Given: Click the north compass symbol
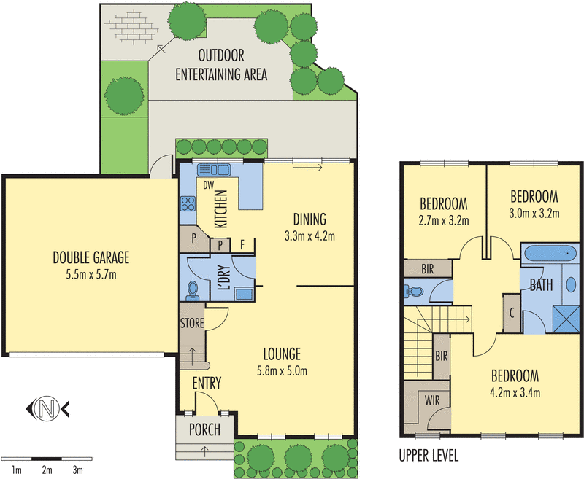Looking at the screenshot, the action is pyautogui.click(x=47, y=409).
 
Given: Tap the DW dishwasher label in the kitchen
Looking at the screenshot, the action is pyautogui.click(x=209, y=185).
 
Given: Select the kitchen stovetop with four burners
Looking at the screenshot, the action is pyautogui.click(x=188, y=204).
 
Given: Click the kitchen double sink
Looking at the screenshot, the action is pyautogui.click(x=214, y=170).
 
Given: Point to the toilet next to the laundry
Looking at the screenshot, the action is pyautogui.click(x=193, y=290).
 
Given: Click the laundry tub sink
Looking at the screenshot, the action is pyautogui.click(x=245, y=294).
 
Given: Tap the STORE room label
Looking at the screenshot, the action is pyautogui.click(x=192, y=323).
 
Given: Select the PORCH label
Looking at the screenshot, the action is pyautogui.click(x=204, y=429).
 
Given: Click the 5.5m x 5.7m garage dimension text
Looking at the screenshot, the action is pyautogui.click(x=91, y=275).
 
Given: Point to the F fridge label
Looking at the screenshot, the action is pyautogui.click(x=242, y=245).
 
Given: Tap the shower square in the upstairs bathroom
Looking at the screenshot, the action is pyautogui.click(x=566, y=319).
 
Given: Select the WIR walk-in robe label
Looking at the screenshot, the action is pyautogui.click(x=432, y=400).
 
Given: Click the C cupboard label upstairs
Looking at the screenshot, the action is pyautogui.click(x=512, y=313).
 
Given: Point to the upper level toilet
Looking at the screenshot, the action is pyautogui.click(x=413, y=291).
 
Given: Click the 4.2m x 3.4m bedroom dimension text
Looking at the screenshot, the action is pyautogui.click(x=515, y=393).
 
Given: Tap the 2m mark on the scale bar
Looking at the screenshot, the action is pyautogui.click(x=47, y=470).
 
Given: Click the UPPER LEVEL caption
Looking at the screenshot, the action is pyautogui.click(x=429, y=456).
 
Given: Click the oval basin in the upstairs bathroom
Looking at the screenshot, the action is pyautogui.click(x=571, y=284).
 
